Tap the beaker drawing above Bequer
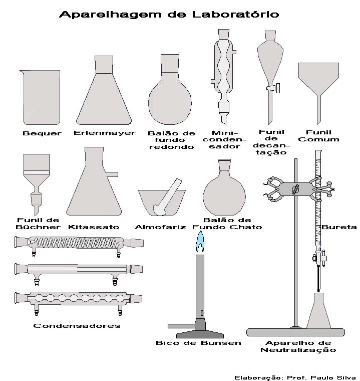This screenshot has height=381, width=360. [42, 98]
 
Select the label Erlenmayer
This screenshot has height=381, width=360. [104, 133]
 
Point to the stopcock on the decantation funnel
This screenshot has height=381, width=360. [273, 89]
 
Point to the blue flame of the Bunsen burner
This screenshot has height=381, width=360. [200, 244]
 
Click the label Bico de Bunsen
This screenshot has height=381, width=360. [198, 343]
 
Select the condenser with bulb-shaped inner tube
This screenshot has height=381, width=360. [80, 299]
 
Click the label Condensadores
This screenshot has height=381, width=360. [77, 325]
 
